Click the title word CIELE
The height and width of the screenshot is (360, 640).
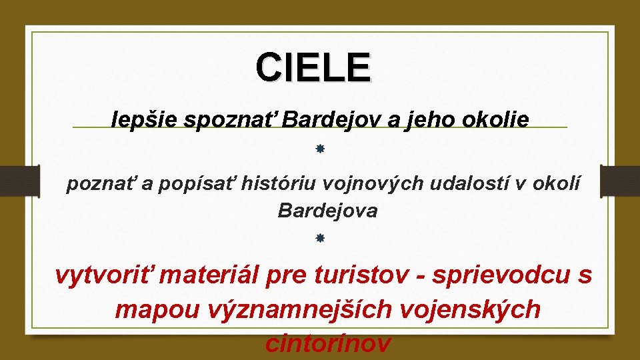[x=313, y=68]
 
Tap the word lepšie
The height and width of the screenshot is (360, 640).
[x=145, y=120]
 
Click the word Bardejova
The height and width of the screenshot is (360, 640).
[x=327, y=211]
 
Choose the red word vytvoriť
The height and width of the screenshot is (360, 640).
[x=101, y=274]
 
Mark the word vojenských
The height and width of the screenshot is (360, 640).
[x=473, y=309]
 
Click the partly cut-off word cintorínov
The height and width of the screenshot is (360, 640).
[x=327, y=343]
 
